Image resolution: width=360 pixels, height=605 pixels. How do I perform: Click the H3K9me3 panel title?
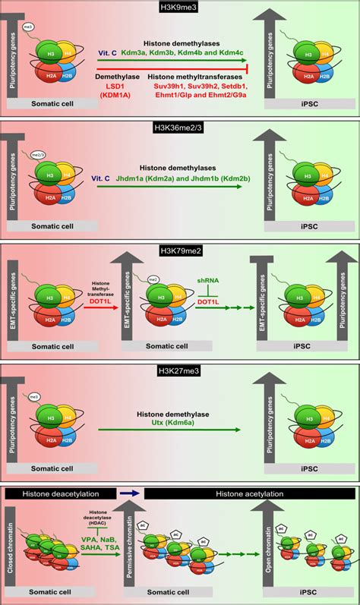[180, 6]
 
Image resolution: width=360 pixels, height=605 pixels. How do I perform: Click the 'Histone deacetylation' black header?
[58, 493]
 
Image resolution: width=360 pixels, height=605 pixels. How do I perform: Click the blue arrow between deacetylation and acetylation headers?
[131, 493]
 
